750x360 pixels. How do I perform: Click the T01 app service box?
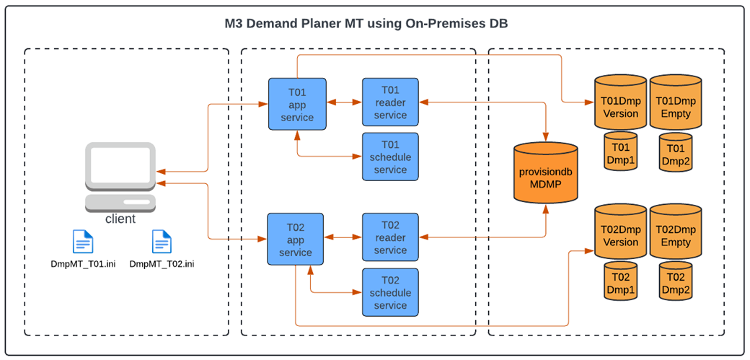click(297, 104)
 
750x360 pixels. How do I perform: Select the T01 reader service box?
click(390, 102)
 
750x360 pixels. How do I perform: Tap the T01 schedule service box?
click(390, 157)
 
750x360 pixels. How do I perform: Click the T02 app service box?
click(296, 239)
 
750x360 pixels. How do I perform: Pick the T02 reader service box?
click(390, 237)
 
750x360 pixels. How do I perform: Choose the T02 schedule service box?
click(390, 292)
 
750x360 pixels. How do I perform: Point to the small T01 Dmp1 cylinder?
click(620, 152)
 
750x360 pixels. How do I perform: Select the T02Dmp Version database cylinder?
click(620, 234)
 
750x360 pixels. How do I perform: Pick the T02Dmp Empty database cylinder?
click(676, 234)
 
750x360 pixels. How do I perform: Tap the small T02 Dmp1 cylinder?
click(620, 281)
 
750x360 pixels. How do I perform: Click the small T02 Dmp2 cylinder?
click(676, 281)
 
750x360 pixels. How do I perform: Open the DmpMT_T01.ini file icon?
click(83, 242)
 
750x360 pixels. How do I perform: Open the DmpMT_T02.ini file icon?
click(162, 242)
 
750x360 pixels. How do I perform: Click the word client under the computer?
click(120, 219)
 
